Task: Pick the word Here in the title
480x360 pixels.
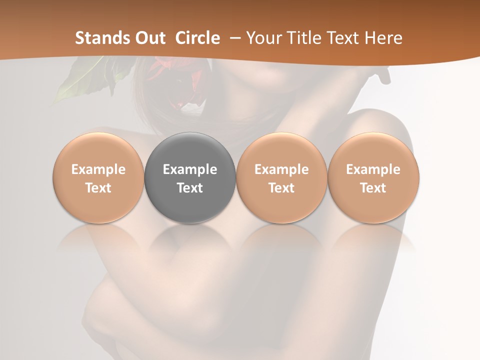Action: [384, 38]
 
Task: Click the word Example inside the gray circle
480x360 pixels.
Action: [190, 169]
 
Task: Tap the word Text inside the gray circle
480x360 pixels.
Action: [190, 188]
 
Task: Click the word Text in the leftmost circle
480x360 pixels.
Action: [98, 188]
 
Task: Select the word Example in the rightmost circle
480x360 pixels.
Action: [373, 169]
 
